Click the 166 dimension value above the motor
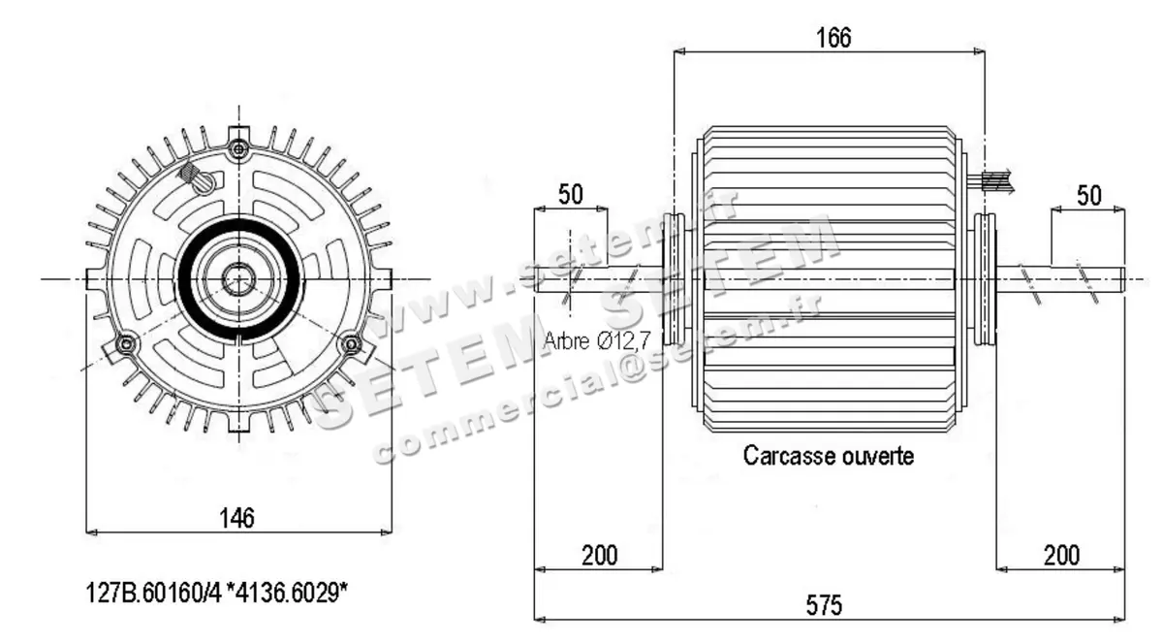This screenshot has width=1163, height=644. tap(833, 38)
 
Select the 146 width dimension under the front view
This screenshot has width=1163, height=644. tap(236, 518)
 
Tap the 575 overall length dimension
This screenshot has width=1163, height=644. tap(825, 605)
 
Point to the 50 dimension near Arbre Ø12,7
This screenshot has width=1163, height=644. tap(571, 193)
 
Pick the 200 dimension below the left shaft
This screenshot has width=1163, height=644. tap(599, 555)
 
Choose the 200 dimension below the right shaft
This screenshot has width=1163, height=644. tap(1061, 555)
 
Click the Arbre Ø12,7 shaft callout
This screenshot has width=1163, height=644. tap(598, 340)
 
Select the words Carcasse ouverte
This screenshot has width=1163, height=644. tap(828, 455)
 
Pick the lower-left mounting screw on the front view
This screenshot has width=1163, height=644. tap(123, 344)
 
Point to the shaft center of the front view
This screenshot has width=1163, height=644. tap(237, 280)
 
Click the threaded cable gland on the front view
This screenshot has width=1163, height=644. tap(197, 177)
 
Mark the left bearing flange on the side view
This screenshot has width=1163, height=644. tap(673, 279)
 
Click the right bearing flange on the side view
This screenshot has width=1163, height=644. tap(984, 279)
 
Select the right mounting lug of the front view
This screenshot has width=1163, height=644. tap(382, 280)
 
